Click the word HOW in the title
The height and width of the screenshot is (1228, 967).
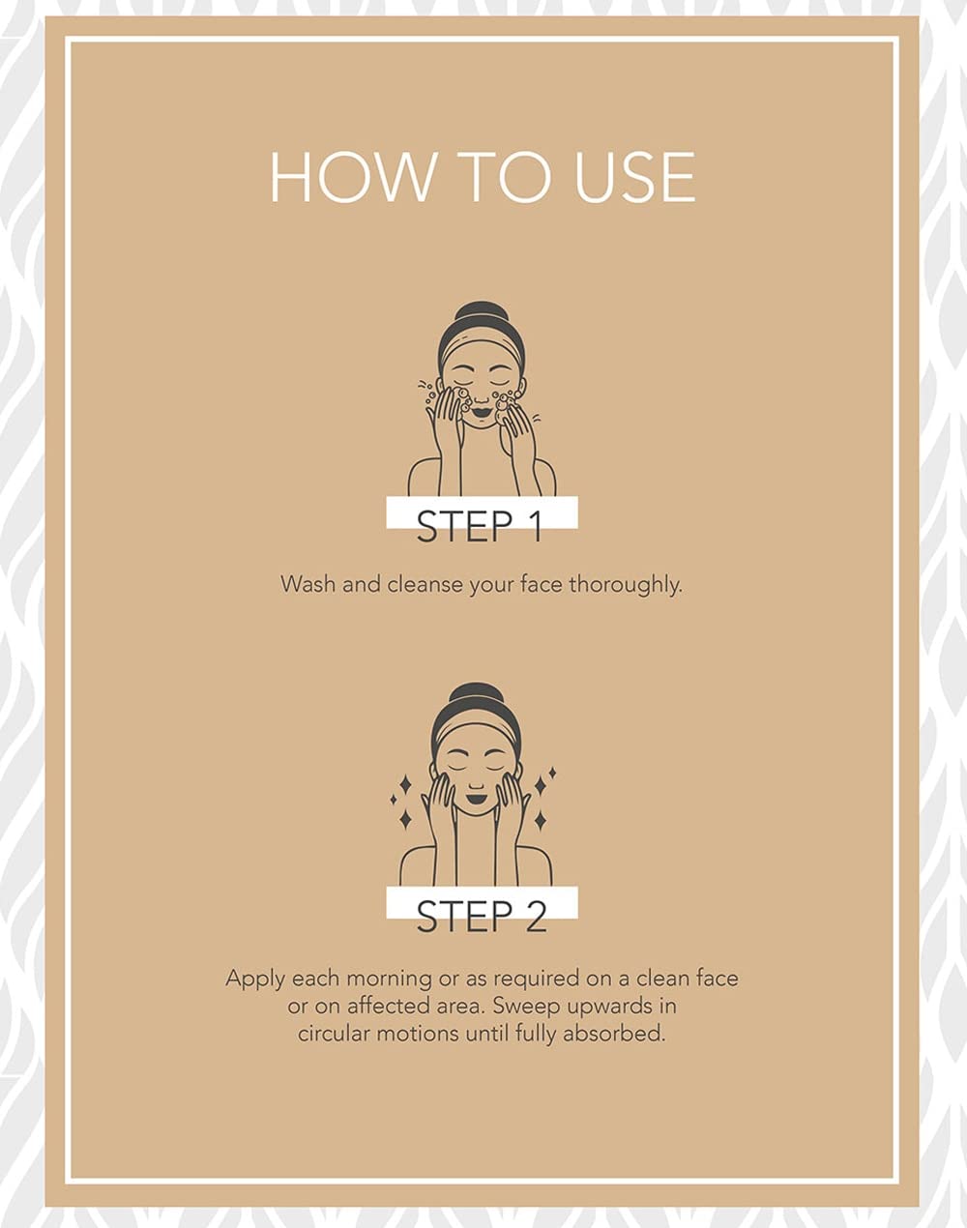click(x=350, y=177)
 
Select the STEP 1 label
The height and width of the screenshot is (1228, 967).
click(x=480, y=526)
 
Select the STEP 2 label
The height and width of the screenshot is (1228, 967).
click(x=482, y=916)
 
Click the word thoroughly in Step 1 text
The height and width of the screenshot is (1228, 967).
click(x=626, y=586)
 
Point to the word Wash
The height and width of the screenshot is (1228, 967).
click(x=308, y=584)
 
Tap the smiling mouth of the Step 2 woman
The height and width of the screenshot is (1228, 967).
click(x=477, y=794)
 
